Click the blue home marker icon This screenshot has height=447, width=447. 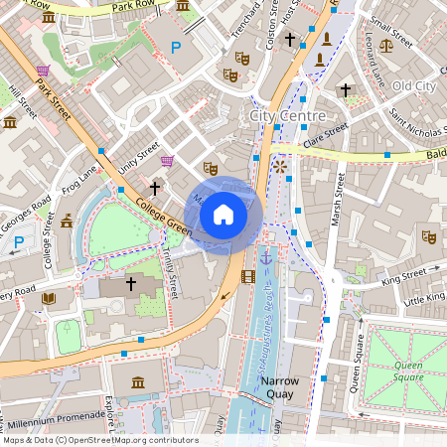coord(223,214)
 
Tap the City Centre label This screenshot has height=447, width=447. coord(287,116)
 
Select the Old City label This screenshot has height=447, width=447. coord(413,86)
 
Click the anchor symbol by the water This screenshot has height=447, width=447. coord(265,258)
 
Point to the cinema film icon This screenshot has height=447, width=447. coord(247,275)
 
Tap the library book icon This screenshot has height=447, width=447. coord(48,297)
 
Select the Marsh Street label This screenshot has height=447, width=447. coord(337,199)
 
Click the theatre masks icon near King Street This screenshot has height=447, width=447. coord(428,236)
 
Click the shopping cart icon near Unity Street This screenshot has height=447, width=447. coord(167,160)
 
